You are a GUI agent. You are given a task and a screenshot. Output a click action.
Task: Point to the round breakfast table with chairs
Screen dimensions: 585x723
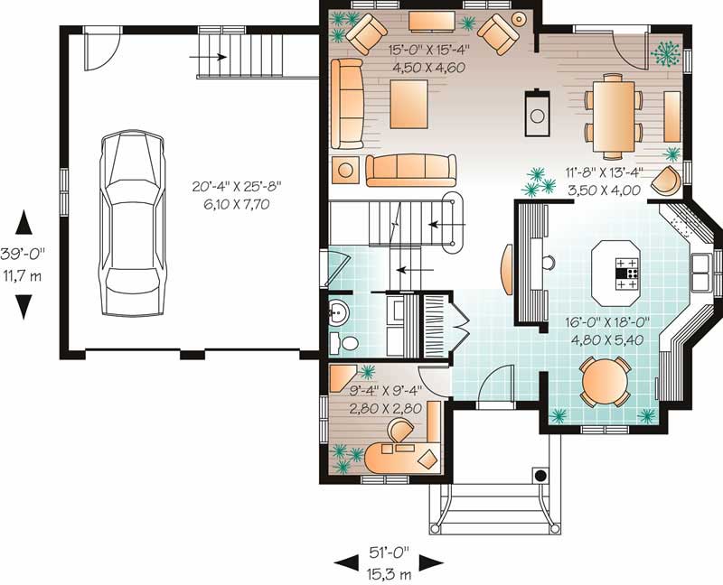click(605, 382)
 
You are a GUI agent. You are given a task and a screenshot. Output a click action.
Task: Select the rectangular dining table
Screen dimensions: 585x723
click(615, 113)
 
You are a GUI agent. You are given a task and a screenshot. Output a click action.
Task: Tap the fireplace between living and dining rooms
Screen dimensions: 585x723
click(537, 109)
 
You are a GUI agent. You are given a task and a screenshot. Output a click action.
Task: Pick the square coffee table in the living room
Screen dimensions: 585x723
click(409, 105)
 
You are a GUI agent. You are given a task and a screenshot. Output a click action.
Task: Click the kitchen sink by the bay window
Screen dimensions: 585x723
click(701, 265)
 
